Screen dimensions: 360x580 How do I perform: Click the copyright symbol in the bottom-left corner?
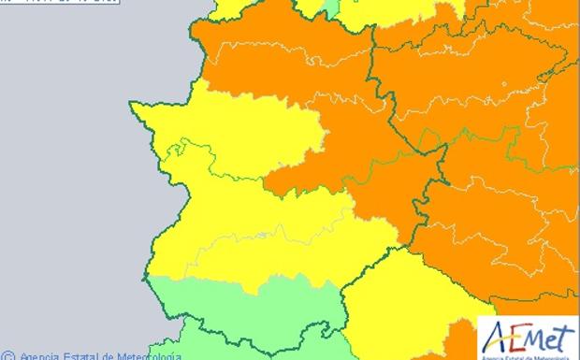click(8, 355)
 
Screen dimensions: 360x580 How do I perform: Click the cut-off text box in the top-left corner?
click(37, 3)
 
